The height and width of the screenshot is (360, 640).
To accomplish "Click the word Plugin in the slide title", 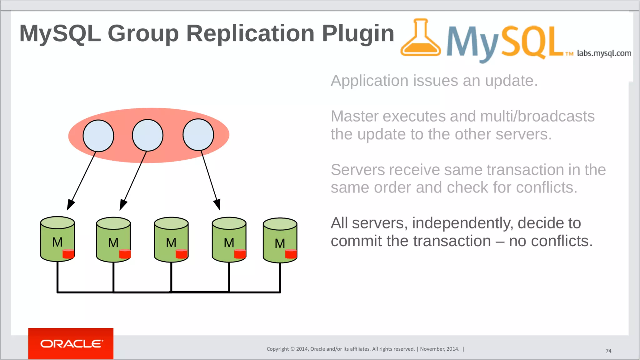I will tap(358, 33).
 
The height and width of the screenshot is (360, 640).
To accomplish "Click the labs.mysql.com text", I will tap(604, 53).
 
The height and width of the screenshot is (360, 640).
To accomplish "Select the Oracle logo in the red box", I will tap(71, 344).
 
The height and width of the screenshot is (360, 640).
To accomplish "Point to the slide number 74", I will tap(608, 351).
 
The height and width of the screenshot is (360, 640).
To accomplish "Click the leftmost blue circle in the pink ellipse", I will tap(98, 136).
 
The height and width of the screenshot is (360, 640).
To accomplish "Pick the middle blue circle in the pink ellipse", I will tap(147, 135).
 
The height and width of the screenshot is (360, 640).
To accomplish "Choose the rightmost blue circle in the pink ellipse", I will tap(198, 135).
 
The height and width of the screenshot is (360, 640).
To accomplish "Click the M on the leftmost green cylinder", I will tap(57, 242).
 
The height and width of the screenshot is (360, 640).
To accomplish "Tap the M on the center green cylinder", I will tap(171, 243).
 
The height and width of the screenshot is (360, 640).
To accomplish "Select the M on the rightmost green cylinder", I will tap(280, 243).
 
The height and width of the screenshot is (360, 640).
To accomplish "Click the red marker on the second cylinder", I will tap(125, 254).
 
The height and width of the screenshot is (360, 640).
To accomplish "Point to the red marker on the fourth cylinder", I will tap(240, 254).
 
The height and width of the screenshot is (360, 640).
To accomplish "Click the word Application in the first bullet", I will tap(370, 81).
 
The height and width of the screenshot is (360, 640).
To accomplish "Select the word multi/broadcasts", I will tap(537, 116).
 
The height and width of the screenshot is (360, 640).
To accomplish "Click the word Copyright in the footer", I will tap(277, 349).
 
